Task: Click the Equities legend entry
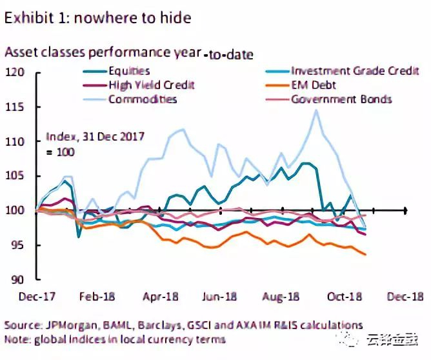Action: coord(129,71)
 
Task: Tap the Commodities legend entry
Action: coord(143,99)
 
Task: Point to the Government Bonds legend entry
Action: coord(341,99)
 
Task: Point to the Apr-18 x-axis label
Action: coord(159,297)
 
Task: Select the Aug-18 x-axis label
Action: coord(282,297)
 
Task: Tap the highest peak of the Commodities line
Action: coord(316,110)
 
